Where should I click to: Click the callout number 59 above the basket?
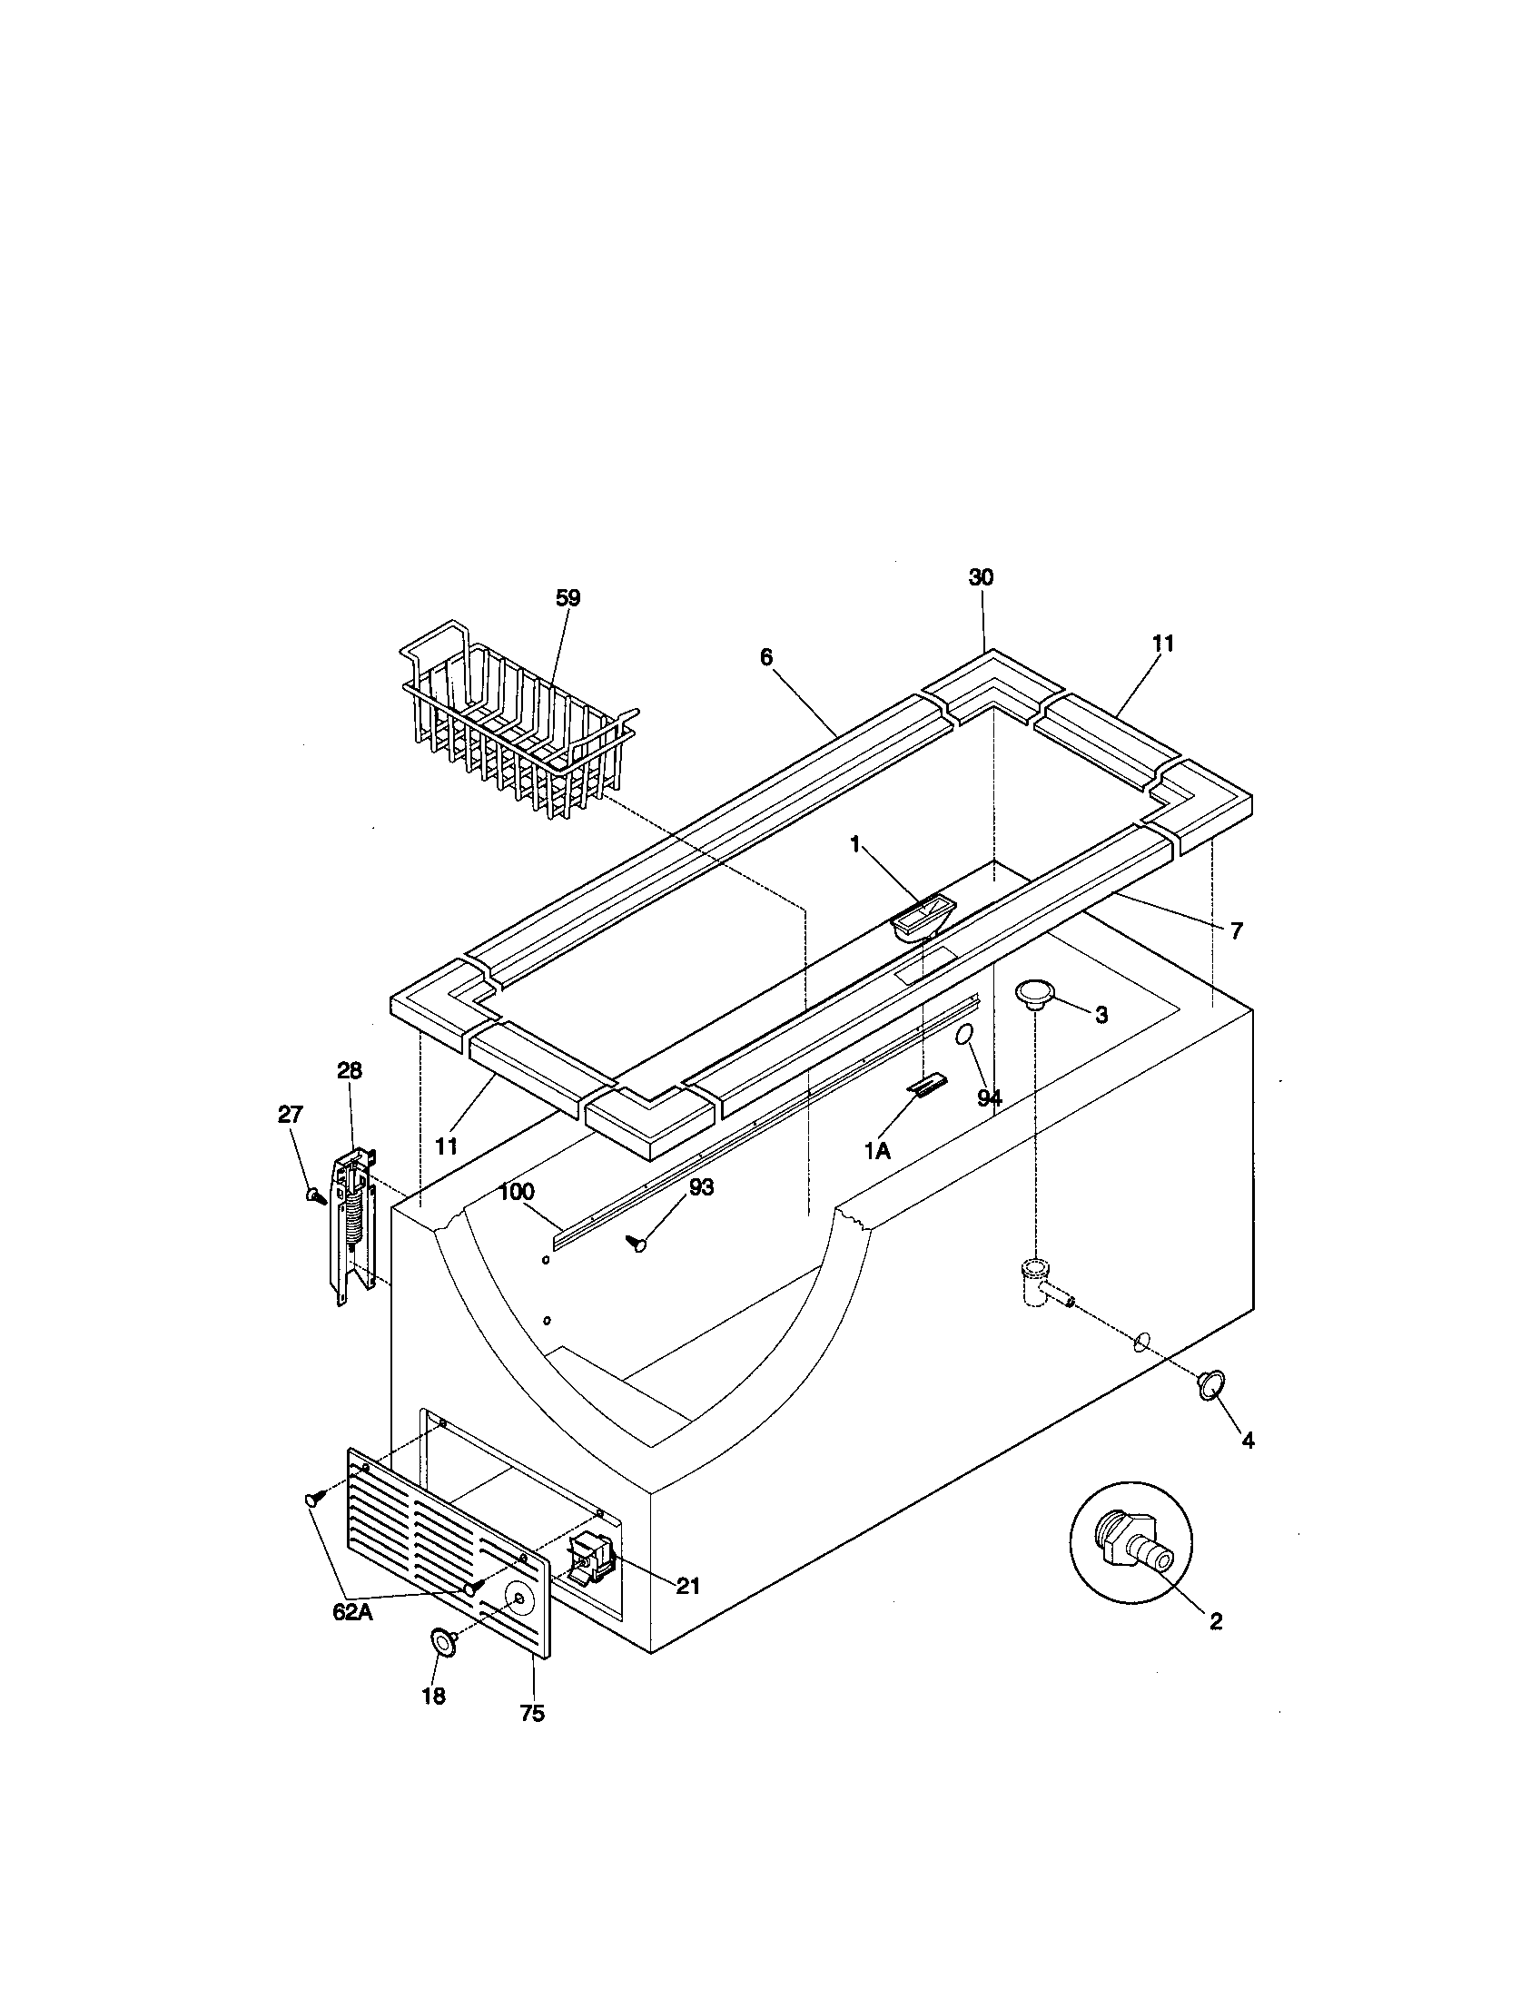(x=568, y=598)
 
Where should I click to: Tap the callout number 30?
(x=982, y=577)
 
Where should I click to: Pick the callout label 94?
(x=990, y=1098)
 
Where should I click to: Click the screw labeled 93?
(x=637, y=1243)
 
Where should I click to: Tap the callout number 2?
(x=1215, y=1621)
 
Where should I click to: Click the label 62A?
(x=352, y=1613)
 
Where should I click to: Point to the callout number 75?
(x=532, y=1714)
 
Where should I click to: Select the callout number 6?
(x=766, y=656)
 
